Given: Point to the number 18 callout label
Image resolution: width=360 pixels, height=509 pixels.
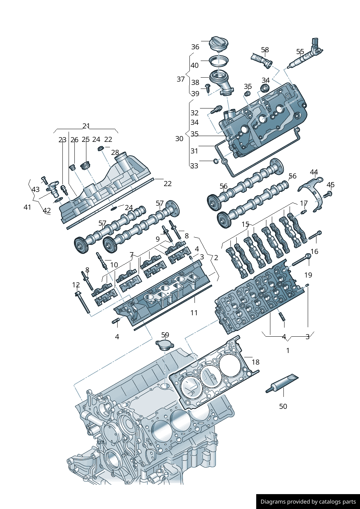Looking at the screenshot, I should pyautogui.click(x=255, y=362).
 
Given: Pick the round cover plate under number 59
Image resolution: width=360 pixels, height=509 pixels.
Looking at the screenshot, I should pyautogui.click(x=164, y=344).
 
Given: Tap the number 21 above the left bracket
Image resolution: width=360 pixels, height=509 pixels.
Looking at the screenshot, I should pyautogui.click(x=86, y=126).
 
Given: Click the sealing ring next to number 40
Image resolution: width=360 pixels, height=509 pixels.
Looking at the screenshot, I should pyautogui.click(x=219, y=61).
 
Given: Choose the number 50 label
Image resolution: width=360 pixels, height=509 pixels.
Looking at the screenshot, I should pyautogui.click(x=283, y=406).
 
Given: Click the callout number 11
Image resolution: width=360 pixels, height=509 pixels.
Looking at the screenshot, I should pyautogui.click(x=194, y=312).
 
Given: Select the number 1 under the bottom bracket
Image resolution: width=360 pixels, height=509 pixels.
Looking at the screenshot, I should pyautogui.click(x=288, y=350).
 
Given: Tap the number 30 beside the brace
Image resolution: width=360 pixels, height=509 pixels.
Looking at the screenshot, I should pyautogui.click(x=179, y=139).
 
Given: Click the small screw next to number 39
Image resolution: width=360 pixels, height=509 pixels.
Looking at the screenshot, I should pyautogui.click(x=208, y=87).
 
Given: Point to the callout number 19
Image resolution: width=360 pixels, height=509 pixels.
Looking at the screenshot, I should pyautogui.click(x=308, y=275).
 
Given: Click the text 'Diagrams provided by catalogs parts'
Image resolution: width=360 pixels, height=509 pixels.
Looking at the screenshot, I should pyautogui.click(x=308, y=501).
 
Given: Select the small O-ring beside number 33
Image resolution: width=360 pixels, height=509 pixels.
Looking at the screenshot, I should pyautogui.click(x=216, y=160).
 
